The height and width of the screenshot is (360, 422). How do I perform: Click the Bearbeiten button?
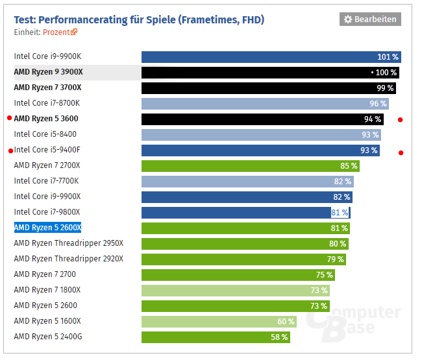point(370,19)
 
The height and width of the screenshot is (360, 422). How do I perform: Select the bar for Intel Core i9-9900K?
point(271,57)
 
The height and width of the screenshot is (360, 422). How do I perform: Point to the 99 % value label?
point(385,88)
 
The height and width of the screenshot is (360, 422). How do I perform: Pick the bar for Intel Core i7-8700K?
point(265,103)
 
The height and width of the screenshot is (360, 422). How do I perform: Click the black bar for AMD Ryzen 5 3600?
point(262,119)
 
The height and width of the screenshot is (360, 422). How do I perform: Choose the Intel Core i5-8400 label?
point(45,134)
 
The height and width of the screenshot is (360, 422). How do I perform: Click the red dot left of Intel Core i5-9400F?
point(10,150)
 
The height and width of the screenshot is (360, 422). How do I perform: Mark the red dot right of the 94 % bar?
point(401,119)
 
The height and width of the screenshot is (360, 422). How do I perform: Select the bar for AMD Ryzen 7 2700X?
point(250,165)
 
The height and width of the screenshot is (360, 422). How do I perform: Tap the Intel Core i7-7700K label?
point(47,181)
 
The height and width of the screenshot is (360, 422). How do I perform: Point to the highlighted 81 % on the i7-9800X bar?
point(340,212)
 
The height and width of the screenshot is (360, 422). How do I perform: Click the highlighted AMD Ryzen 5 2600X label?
point(47,228)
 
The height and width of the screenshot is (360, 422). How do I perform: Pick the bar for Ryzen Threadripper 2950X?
point(245,243)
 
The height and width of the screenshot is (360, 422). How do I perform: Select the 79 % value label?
point(336,259)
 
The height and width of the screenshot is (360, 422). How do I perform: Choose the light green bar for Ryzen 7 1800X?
point(236,291)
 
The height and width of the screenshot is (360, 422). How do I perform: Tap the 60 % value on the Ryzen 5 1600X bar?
point(286,322)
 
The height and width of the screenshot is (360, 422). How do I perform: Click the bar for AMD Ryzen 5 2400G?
point(215,337)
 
